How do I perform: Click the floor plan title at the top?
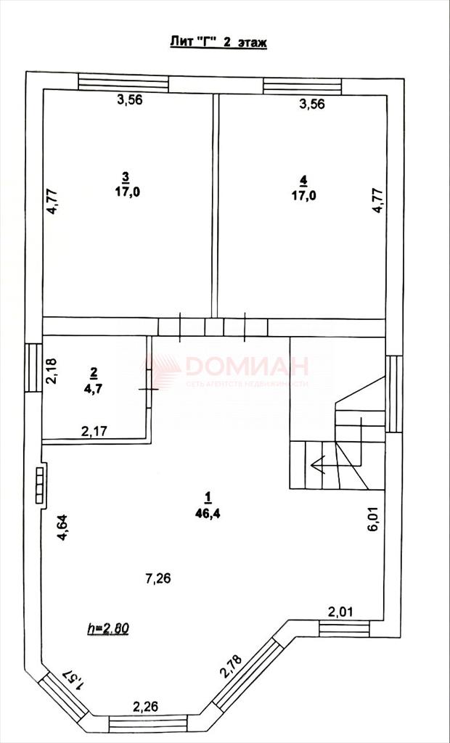(x=218, y=43)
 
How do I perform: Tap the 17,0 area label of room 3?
(x=125, y=192)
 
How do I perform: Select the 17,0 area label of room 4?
(x=303, y=194)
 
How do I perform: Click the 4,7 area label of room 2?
(x=94, y=389)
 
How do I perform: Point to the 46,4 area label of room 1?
(x=207, y=512)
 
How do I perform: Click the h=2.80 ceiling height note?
(x=109, y=628)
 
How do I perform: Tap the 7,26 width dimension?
(x=159, y=578)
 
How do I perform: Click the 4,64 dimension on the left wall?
(x=62, y=528)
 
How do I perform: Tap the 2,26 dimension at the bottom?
(x=145, y=707)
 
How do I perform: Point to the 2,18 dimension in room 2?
(x=52, y=371)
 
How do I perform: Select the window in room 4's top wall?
(x=303, y=86)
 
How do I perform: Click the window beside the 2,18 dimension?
(x=33, y=368)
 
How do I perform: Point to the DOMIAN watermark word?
(x=247, y=366)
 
